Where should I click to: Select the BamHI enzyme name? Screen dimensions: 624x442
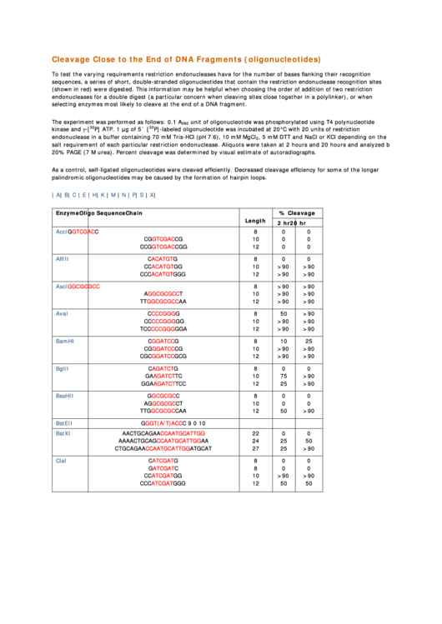click(x=65, y=342)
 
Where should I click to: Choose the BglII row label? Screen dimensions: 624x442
click(x=62, y=368)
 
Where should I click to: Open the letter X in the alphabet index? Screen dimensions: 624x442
click(x=152, y=195)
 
